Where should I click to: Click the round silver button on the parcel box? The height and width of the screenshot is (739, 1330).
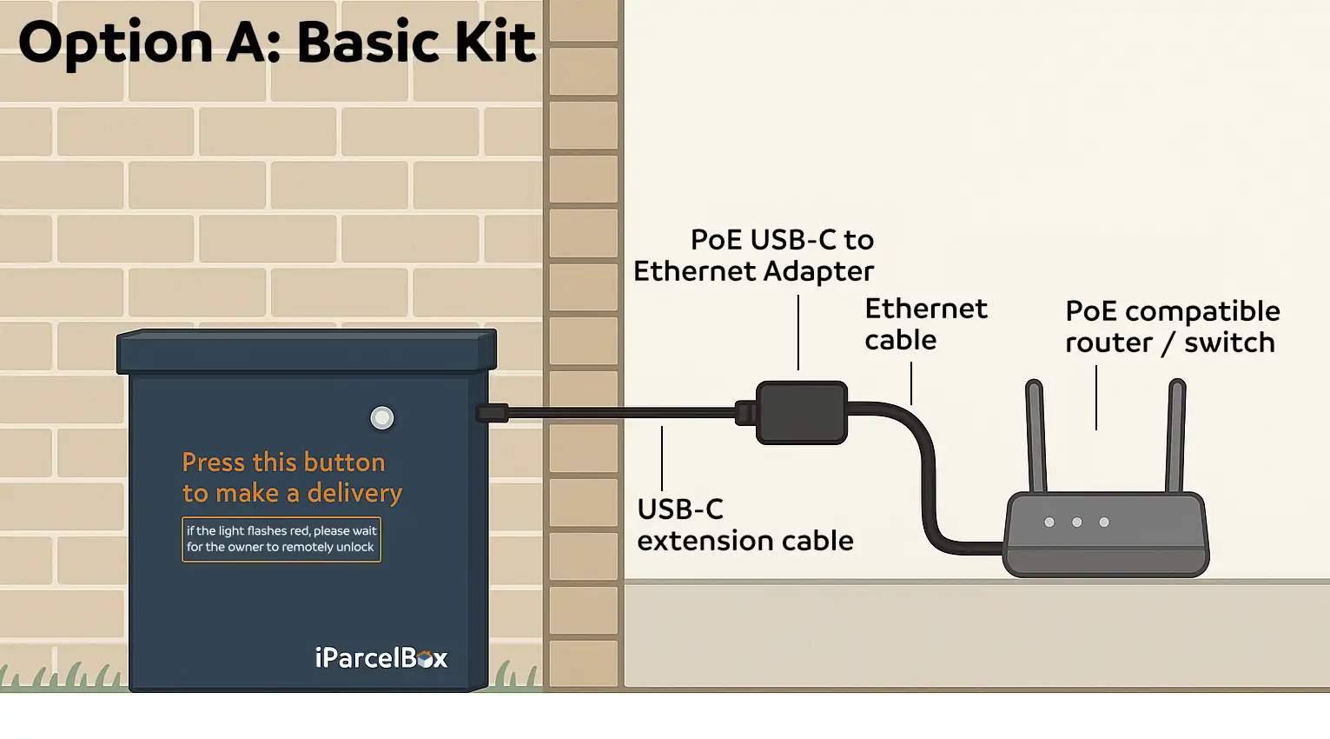pos(382,418)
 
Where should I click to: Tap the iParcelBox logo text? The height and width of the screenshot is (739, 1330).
pos(380,658)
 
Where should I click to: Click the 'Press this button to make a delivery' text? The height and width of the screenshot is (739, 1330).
pos(292,477)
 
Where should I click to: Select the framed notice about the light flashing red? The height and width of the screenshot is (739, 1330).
pos(281,539)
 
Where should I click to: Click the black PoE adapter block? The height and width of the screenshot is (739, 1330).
pos(801,413)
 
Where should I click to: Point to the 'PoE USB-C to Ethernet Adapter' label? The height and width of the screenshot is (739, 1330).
pos(754,256)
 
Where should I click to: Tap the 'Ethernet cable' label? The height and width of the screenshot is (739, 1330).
pos(925,324)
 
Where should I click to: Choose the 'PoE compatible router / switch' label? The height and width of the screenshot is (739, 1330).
pos(1172,327)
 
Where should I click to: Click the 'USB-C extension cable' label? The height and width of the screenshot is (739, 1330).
pos(744,525)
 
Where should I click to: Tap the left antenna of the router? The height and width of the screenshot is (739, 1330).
pos(1036,435)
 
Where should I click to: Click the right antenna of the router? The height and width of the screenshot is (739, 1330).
pos(1176,435)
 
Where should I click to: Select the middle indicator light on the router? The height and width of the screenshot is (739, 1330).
pos(1077,523)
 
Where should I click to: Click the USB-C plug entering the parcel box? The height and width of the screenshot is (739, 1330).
pos(492,413)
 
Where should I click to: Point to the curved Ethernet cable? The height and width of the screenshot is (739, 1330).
pos(927,469)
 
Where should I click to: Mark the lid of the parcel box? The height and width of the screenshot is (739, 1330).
pos(307,351)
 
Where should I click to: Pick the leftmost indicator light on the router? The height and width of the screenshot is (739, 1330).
pos(1049,523)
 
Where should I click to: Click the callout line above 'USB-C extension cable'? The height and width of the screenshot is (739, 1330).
pos(662,458)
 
